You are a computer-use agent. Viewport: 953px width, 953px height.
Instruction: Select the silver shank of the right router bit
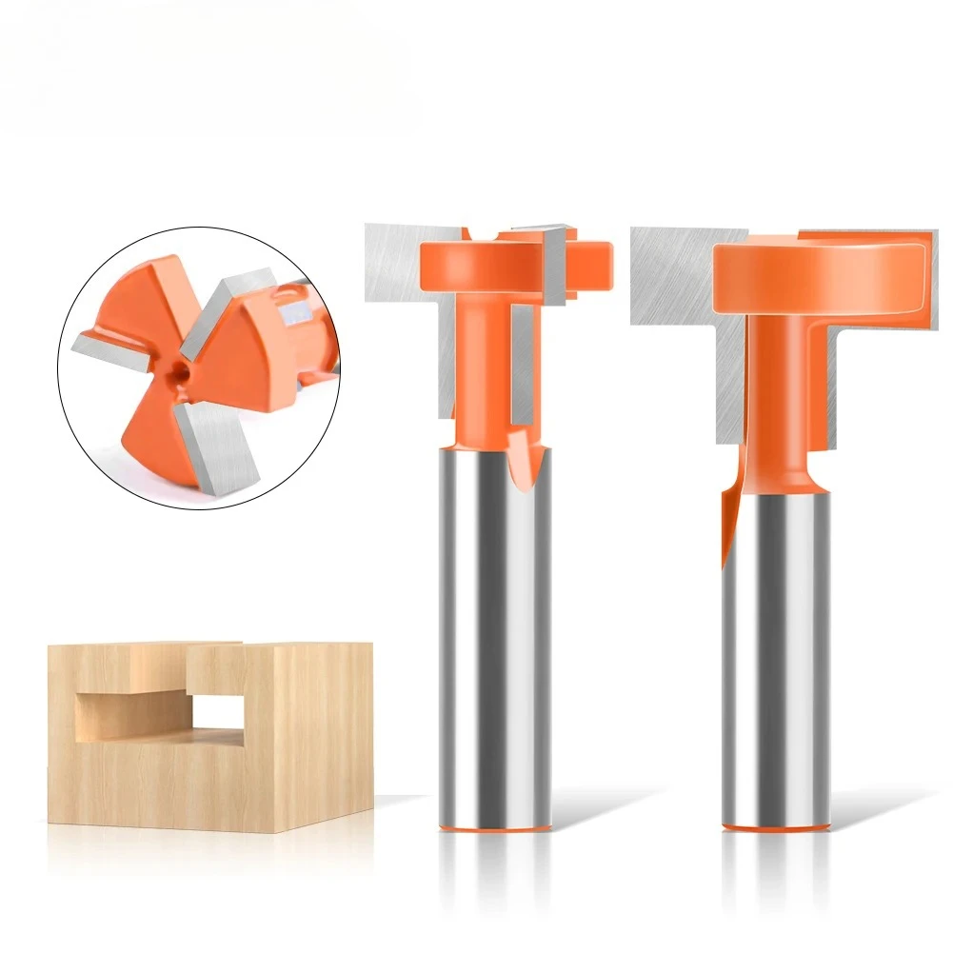pos(775,657)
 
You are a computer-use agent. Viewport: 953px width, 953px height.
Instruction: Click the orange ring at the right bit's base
pos(775,826)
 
